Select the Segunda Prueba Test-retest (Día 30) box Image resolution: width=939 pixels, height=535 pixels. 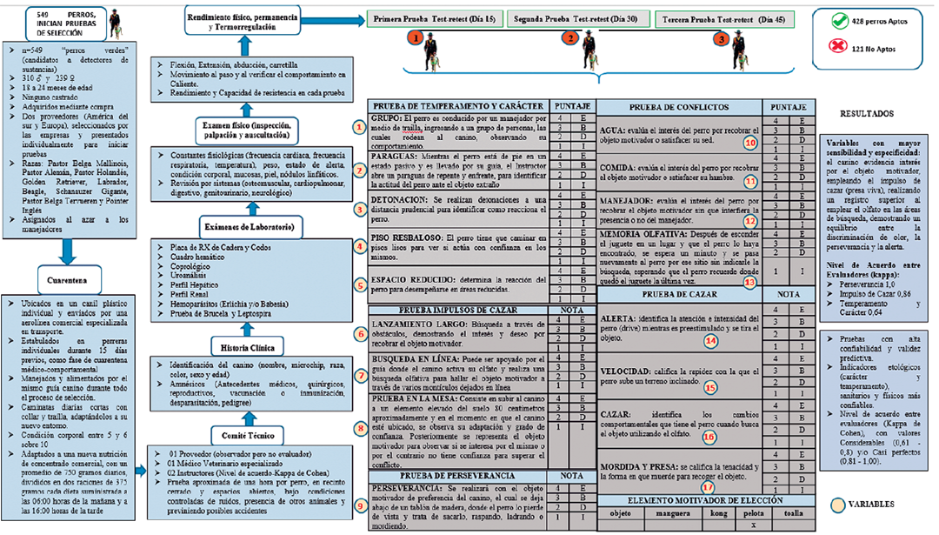[575, 19]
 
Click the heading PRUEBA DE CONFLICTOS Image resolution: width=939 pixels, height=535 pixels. [677, 107]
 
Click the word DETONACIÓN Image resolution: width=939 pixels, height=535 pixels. [402, 199]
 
